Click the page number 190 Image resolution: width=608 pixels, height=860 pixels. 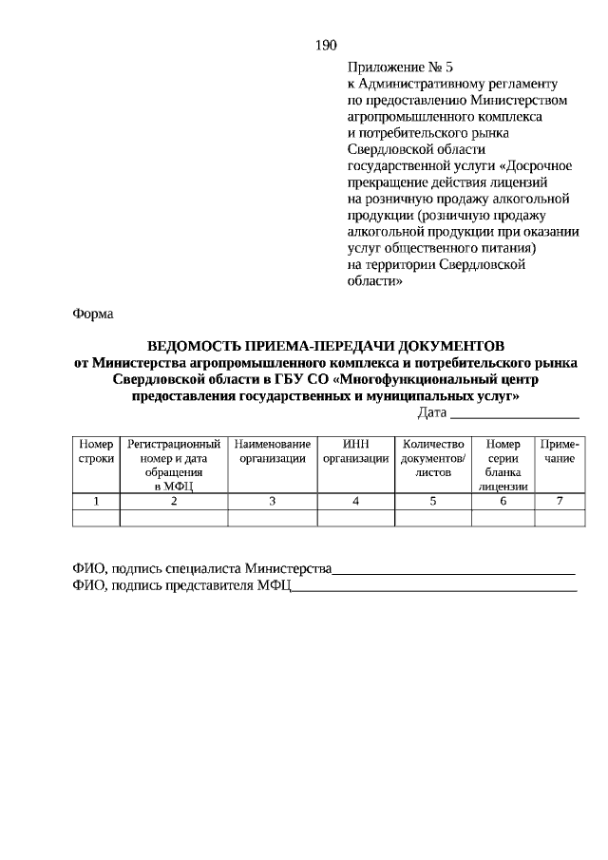tap(325, 45)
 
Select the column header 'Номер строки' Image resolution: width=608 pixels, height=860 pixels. tap(96, 451)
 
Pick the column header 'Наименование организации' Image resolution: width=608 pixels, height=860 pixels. tap(273, 451)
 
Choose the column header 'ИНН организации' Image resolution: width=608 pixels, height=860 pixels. tap(355, 451)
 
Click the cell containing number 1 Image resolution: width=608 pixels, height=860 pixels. tap(96, 501)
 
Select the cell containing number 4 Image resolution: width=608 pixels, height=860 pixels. tap(355, 501)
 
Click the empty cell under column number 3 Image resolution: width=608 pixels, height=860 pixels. tap(273, 518)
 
